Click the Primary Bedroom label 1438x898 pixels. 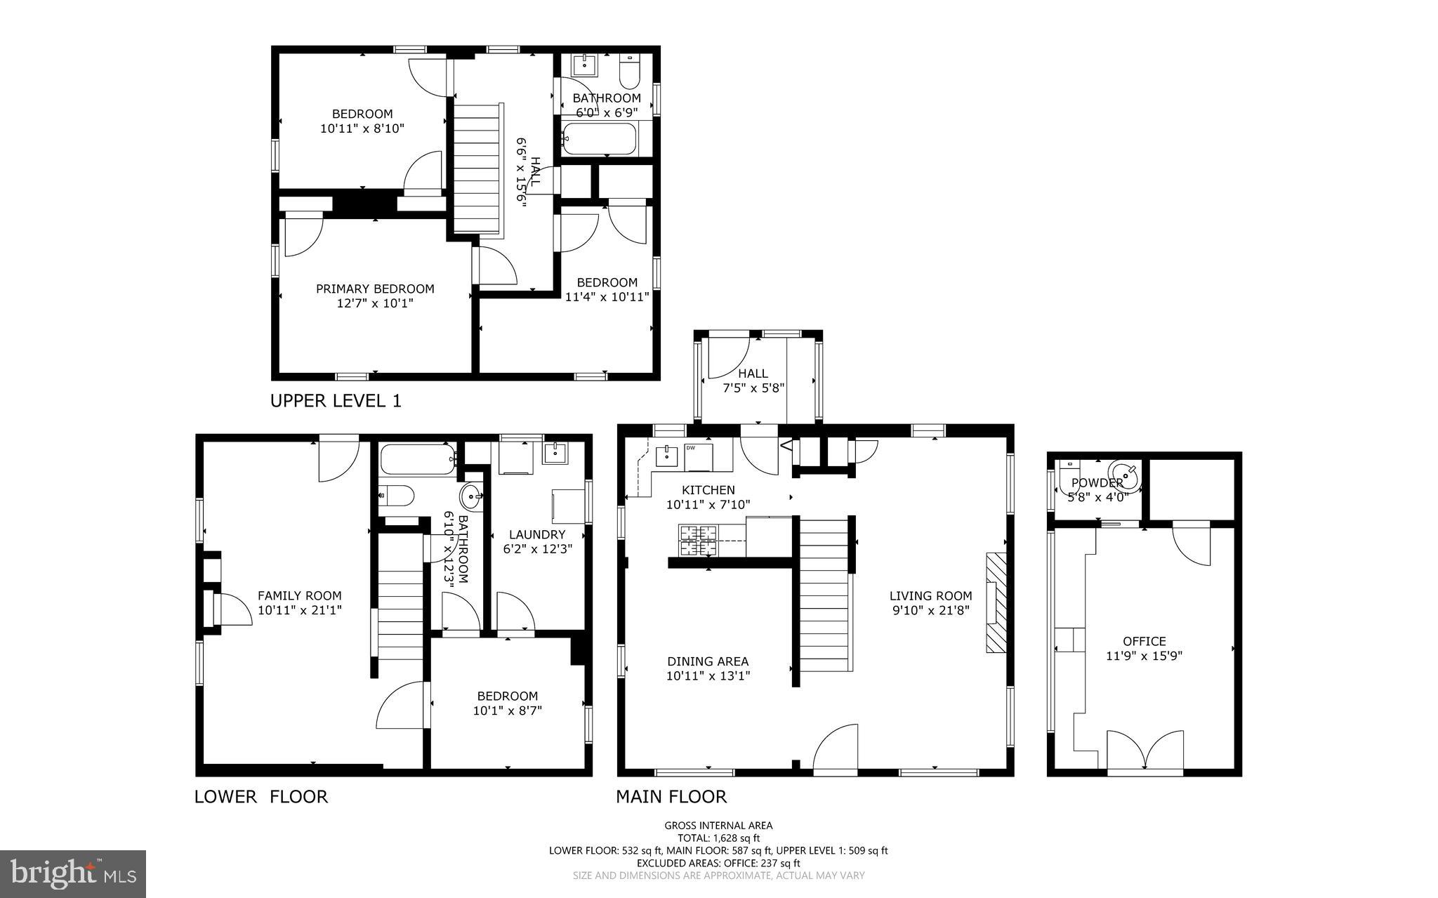pos(375,289)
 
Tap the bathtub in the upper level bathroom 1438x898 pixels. pos(599,139)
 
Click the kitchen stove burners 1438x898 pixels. pos(698,540)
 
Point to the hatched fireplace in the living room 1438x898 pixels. pos(996,603)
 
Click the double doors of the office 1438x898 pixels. pos(1145,753)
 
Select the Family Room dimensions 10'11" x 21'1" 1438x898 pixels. pos(300,610)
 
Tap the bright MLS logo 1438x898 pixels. pos(73,873)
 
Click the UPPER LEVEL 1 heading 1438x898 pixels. pos(336,401)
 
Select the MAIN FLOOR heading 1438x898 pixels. pos(671,796)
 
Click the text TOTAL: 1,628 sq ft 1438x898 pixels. pos(718,838)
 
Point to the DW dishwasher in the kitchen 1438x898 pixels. pos(699,456)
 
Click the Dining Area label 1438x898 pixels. pos(708,661)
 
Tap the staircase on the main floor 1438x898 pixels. pos(824,595)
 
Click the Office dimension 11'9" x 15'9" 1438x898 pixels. pos(1145,656)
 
